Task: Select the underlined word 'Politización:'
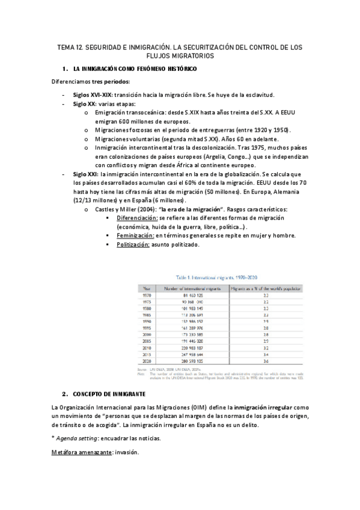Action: pyautogui.click(x=135, y=245)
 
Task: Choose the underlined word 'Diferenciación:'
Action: pyautogui.click(x=138, y=218)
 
